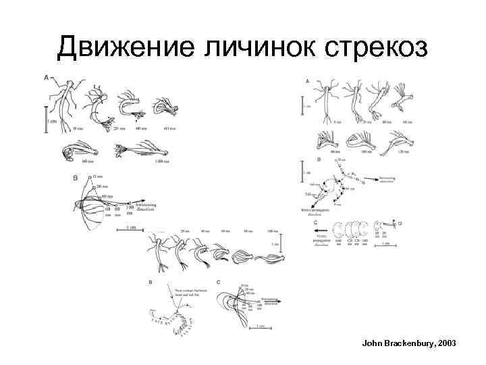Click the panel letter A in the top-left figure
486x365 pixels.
(47, 78)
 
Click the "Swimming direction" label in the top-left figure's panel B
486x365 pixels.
(148, 205)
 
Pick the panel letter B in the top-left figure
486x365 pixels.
(75, 178)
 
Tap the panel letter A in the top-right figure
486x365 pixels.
(308, 80)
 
